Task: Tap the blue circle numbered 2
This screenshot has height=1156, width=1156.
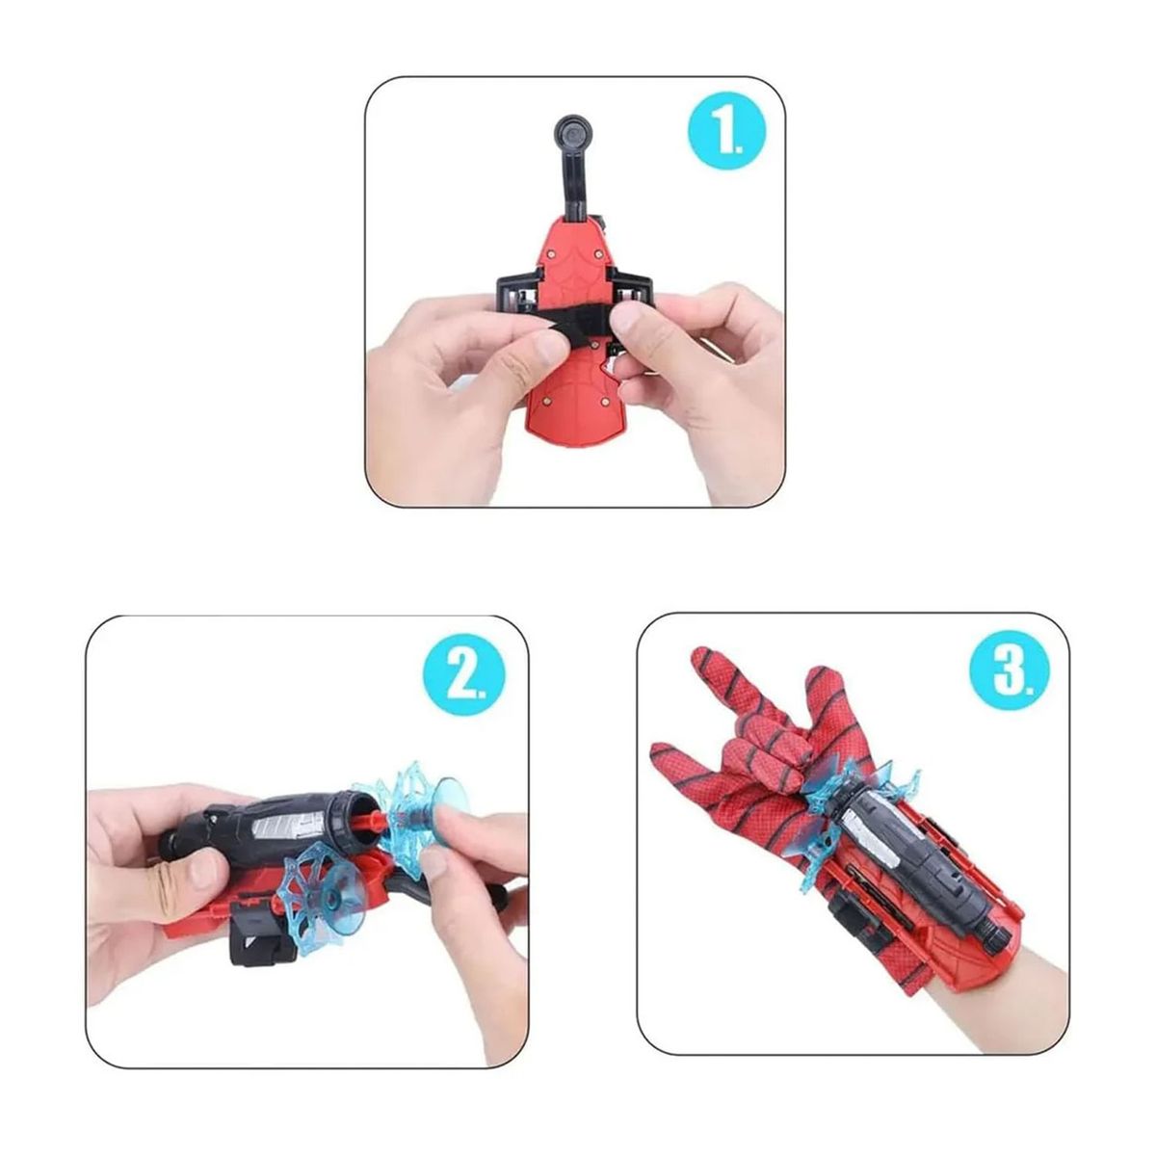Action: coord(465,676)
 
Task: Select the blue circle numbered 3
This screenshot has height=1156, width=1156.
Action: coord(1011,670)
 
